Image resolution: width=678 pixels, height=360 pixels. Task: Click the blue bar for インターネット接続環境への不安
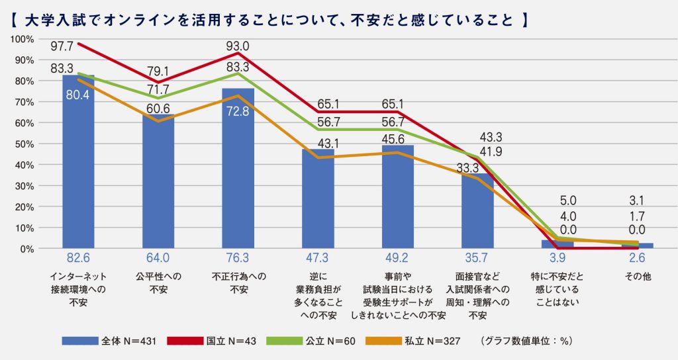78,165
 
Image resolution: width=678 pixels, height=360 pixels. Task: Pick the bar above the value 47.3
318,202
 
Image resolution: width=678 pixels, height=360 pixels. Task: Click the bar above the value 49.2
397,199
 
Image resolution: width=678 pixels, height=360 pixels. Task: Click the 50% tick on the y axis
24,144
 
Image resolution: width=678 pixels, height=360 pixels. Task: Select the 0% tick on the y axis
27,249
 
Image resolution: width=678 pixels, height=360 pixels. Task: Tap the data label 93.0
238,46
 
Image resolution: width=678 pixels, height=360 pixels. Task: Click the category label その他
638,277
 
